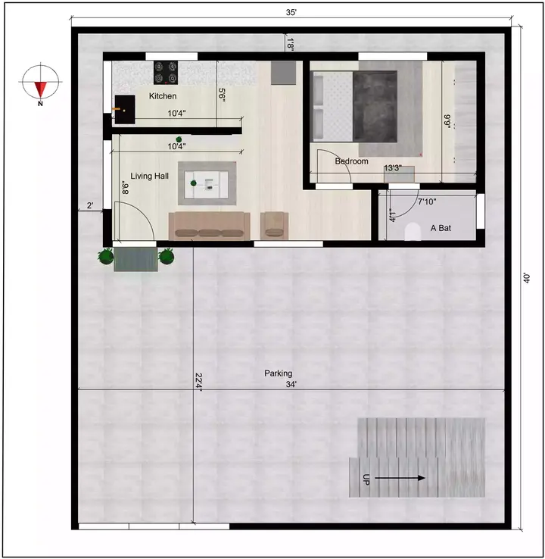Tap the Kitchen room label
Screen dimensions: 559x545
[163, 96]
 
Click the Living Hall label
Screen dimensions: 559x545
[149, 176]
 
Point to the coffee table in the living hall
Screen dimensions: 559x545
[207, 182]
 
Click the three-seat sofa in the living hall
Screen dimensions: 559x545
[209, 225]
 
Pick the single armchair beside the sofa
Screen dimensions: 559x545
[274, 223]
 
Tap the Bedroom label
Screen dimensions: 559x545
[352, 161]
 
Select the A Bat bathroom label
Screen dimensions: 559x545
[441, 227]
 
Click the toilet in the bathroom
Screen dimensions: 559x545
[413, 233]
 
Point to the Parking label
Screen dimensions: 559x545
[278, 373]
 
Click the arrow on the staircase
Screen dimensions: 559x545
[400, 478]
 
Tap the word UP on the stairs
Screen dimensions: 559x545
[366, 479]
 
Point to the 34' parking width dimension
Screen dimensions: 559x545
[291, 384]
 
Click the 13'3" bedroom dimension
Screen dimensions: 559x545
[393, 168]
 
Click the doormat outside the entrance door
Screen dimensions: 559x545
[135, 258]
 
